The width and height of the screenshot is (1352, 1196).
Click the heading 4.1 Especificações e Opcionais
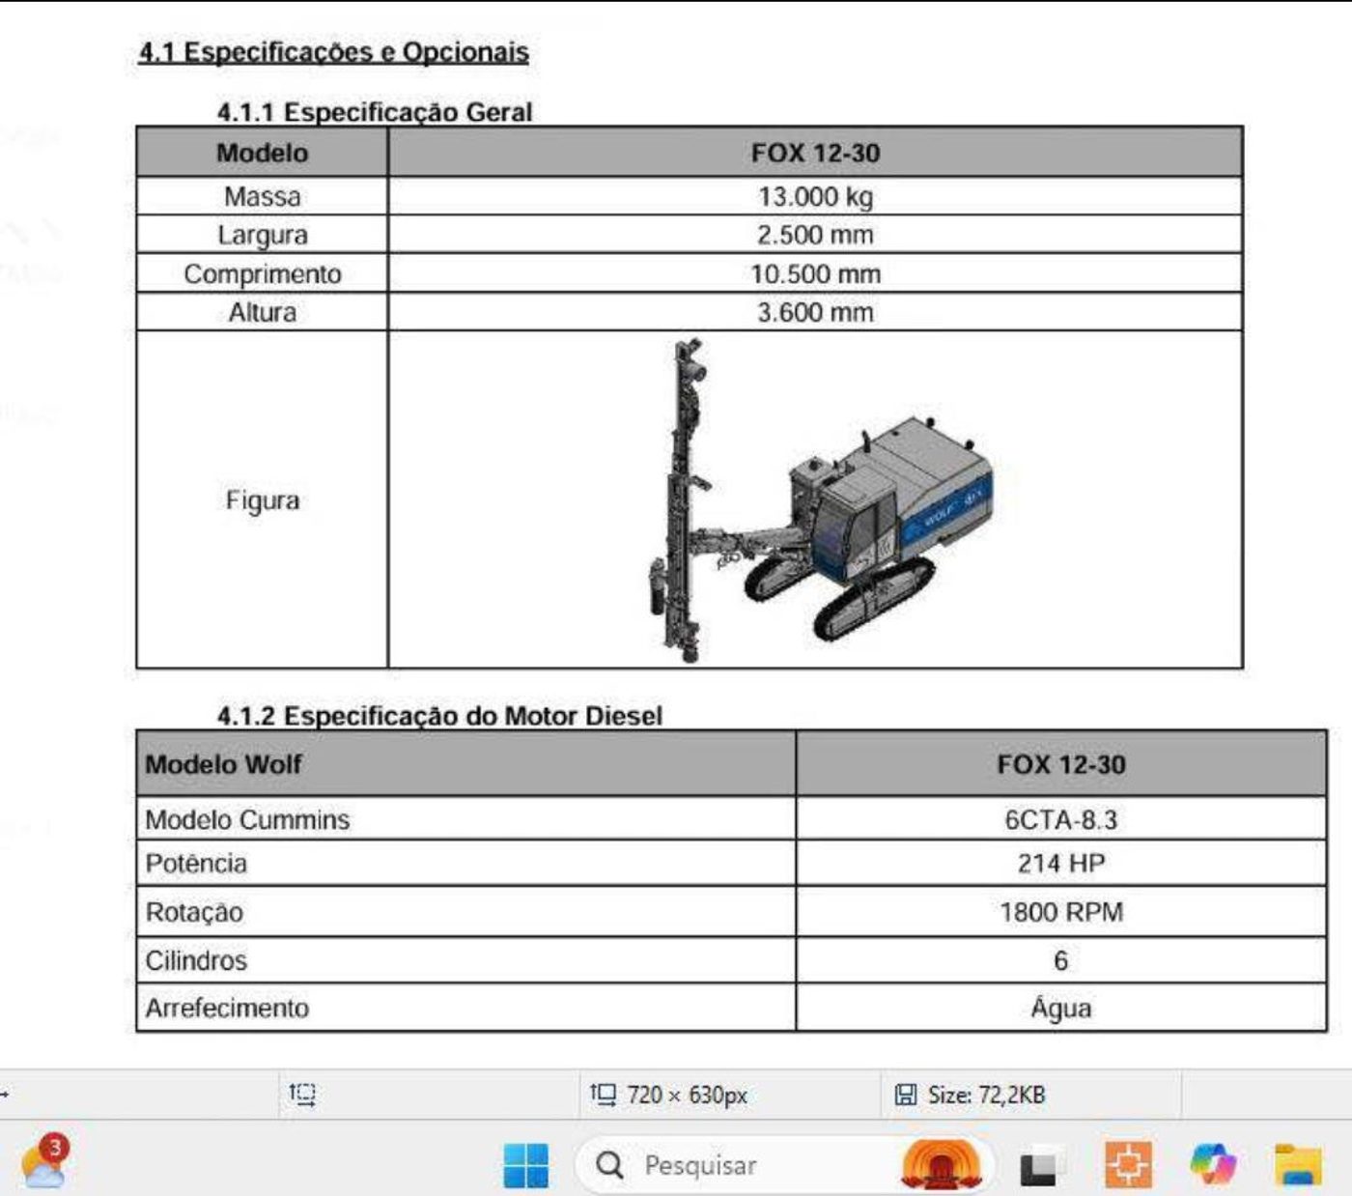point(334,52)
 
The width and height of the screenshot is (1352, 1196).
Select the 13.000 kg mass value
point(815,197)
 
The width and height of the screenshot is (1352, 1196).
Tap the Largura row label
point(263,235)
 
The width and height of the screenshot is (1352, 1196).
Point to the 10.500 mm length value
point(815,273)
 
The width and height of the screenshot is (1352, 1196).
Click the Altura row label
point(263,312)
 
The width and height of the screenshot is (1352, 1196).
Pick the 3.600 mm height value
point(815,312)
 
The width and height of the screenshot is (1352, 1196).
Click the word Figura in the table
point(263,500)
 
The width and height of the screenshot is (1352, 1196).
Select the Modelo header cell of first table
point(263,153)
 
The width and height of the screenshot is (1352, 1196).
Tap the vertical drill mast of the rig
point(682,500)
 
